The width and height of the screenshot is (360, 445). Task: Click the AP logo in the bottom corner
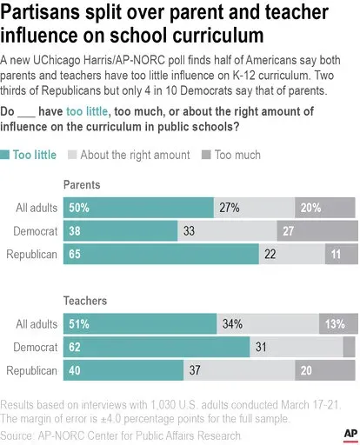tap(350, 435)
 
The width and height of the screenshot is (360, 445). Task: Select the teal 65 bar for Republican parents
tap(161, 254)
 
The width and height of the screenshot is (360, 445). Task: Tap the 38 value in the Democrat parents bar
tap(75, 231)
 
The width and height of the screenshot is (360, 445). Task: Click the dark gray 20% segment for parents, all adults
tap(325, 208)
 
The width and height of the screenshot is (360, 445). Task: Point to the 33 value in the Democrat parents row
tap(189, 231)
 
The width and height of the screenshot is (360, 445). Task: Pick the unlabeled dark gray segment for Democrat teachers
tap(349, 347)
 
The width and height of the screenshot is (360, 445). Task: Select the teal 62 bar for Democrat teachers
tap(157, 347)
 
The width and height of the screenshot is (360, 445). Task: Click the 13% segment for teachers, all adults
tap(338, 323)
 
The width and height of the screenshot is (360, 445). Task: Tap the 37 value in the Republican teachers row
tap(195, 370)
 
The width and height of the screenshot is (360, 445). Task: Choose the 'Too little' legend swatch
tap(4, 155)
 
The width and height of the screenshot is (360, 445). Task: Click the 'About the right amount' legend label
tap(135, 155)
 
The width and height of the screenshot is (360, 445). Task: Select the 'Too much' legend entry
tap(231, 155)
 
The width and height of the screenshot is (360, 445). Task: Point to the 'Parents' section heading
tap(82, 185)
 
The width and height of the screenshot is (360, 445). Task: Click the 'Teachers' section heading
tap(85, 301)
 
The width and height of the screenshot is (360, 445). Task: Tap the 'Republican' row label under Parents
tap(31, 255)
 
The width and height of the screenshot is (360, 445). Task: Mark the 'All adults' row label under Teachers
tap(37, 324)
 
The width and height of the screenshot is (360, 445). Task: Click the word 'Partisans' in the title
tap(40, 12)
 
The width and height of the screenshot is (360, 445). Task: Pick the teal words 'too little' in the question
tap(87, 111)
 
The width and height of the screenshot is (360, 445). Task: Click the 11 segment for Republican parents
tap(342, 254)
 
